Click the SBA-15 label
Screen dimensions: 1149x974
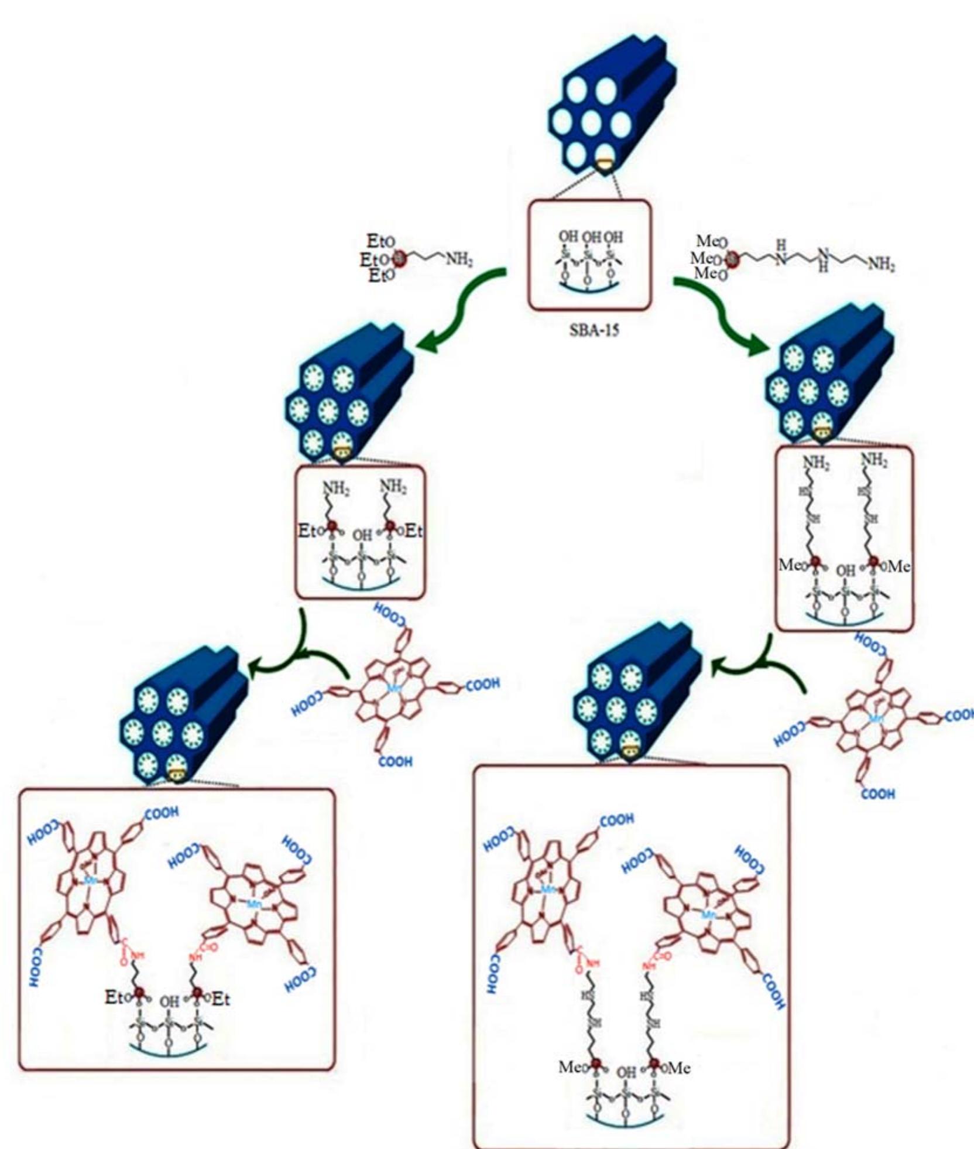pyautogui.click(x=594, y=330)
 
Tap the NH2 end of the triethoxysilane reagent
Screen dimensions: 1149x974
pyautogui.click(x=459, y=259)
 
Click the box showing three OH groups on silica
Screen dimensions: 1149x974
pyautogui.click(x=589, y=255)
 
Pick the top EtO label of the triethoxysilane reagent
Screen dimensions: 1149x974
pyautogui.click(x=380, y=241)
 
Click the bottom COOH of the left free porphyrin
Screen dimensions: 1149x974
pyautogui.click(x=395, y=761)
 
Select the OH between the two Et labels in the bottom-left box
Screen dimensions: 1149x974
pyautogui.click(x=169, y=1001)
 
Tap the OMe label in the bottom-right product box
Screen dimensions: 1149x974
pyautogui.click(x=678, y=1068)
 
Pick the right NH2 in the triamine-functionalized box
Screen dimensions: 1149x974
pyautogui.click(x=874, y=460)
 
